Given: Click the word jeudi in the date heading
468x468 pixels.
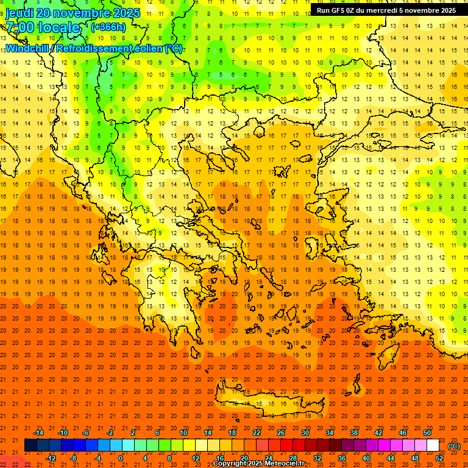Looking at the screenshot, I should pos(19,13).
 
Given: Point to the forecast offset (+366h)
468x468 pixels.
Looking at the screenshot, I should pos(108,27).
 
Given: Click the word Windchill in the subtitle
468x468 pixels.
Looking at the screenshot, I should pos(27,48).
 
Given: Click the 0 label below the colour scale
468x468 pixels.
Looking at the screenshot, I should pos(121,458).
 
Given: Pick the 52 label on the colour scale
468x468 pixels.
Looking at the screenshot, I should pos(439,458).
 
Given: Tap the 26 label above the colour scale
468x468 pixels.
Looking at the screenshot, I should pos(281,433).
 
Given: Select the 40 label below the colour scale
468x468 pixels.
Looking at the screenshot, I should pos(366,458).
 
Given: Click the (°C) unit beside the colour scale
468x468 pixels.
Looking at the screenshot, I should pos(454,446).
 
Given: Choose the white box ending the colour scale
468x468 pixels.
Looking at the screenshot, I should pos(433,445).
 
